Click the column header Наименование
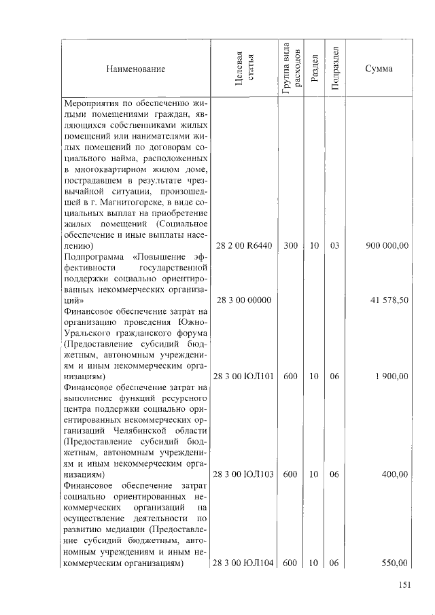click(135, 69)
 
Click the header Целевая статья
click(243, 69)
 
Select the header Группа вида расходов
click(290, 68)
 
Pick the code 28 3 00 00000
click(243, 299)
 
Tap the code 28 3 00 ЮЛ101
click(243, 376)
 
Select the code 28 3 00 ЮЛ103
click(243, 474)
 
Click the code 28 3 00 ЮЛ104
click(243, 562)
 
